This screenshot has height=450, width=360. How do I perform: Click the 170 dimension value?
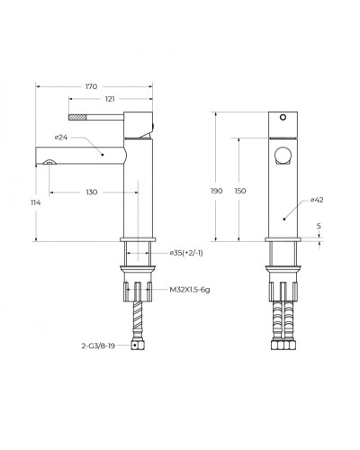(x=91, y=86)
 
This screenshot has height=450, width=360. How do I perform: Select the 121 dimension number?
(x=110, y=99)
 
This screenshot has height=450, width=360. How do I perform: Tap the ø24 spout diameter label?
(x=61, y=138)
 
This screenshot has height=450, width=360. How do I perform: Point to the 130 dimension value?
(x=92, y=192)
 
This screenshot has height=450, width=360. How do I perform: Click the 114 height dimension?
(x=35, y=202)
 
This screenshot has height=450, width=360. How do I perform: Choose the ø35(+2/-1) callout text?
(x=186, y=253)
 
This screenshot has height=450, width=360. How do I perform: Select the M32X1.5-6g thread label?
(x=190, y=290)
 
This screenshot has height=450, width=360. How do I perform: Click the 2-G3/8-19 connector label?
(x=98, y=346)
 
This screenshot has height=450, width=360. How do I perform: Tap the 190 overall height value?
(x=217, y=191)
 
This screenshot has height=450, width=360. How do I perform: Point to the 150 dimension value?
(x=240, y=191)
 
